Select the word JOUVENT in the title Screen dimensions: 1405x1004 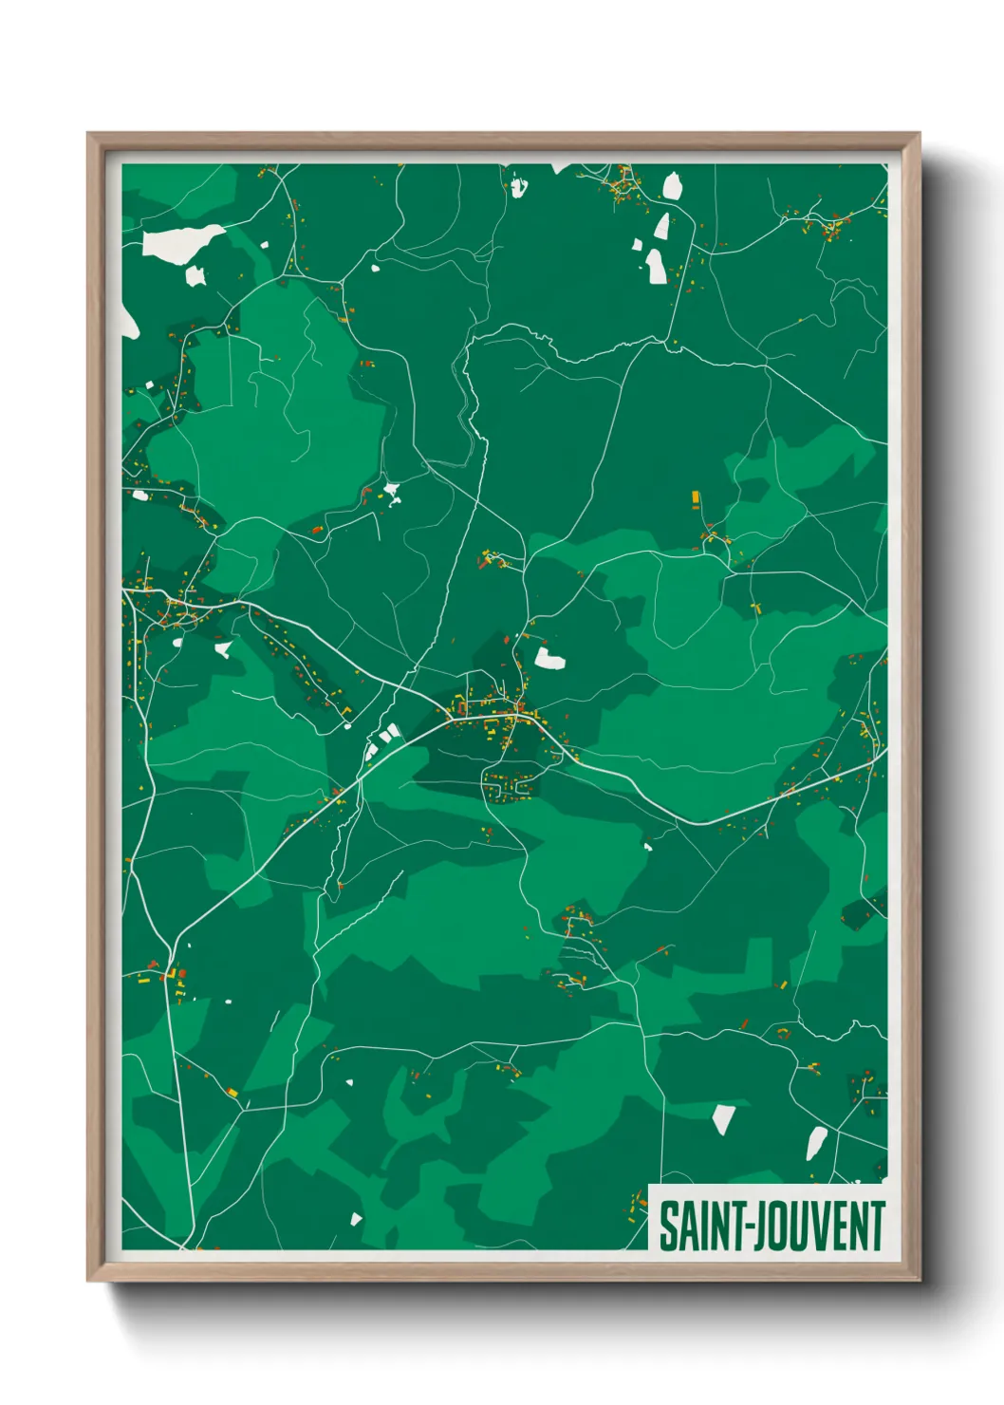pos(820,1227)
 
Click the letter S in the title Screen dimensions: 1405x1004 pos(667,1227)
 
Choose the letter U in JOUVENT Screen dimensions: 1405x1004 pos(797,1227)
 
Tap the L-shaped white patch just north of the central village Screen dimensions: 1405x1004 pos(548,658)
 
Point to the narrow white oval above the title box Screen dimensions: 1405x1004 pos(815,1143)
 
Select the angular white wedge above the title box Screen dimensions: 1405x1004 pos(723,1119)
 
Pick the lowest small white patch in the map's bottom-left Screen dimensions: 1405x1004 pos(357,1218)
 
